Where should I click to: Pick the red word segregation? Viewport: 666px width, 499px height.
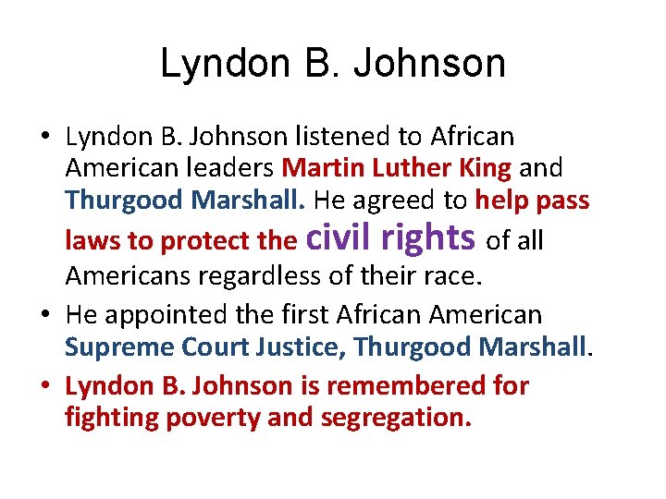[x=395, y=418]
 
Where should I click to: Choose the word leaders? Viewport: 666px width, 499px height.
[x=231, y=169]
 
